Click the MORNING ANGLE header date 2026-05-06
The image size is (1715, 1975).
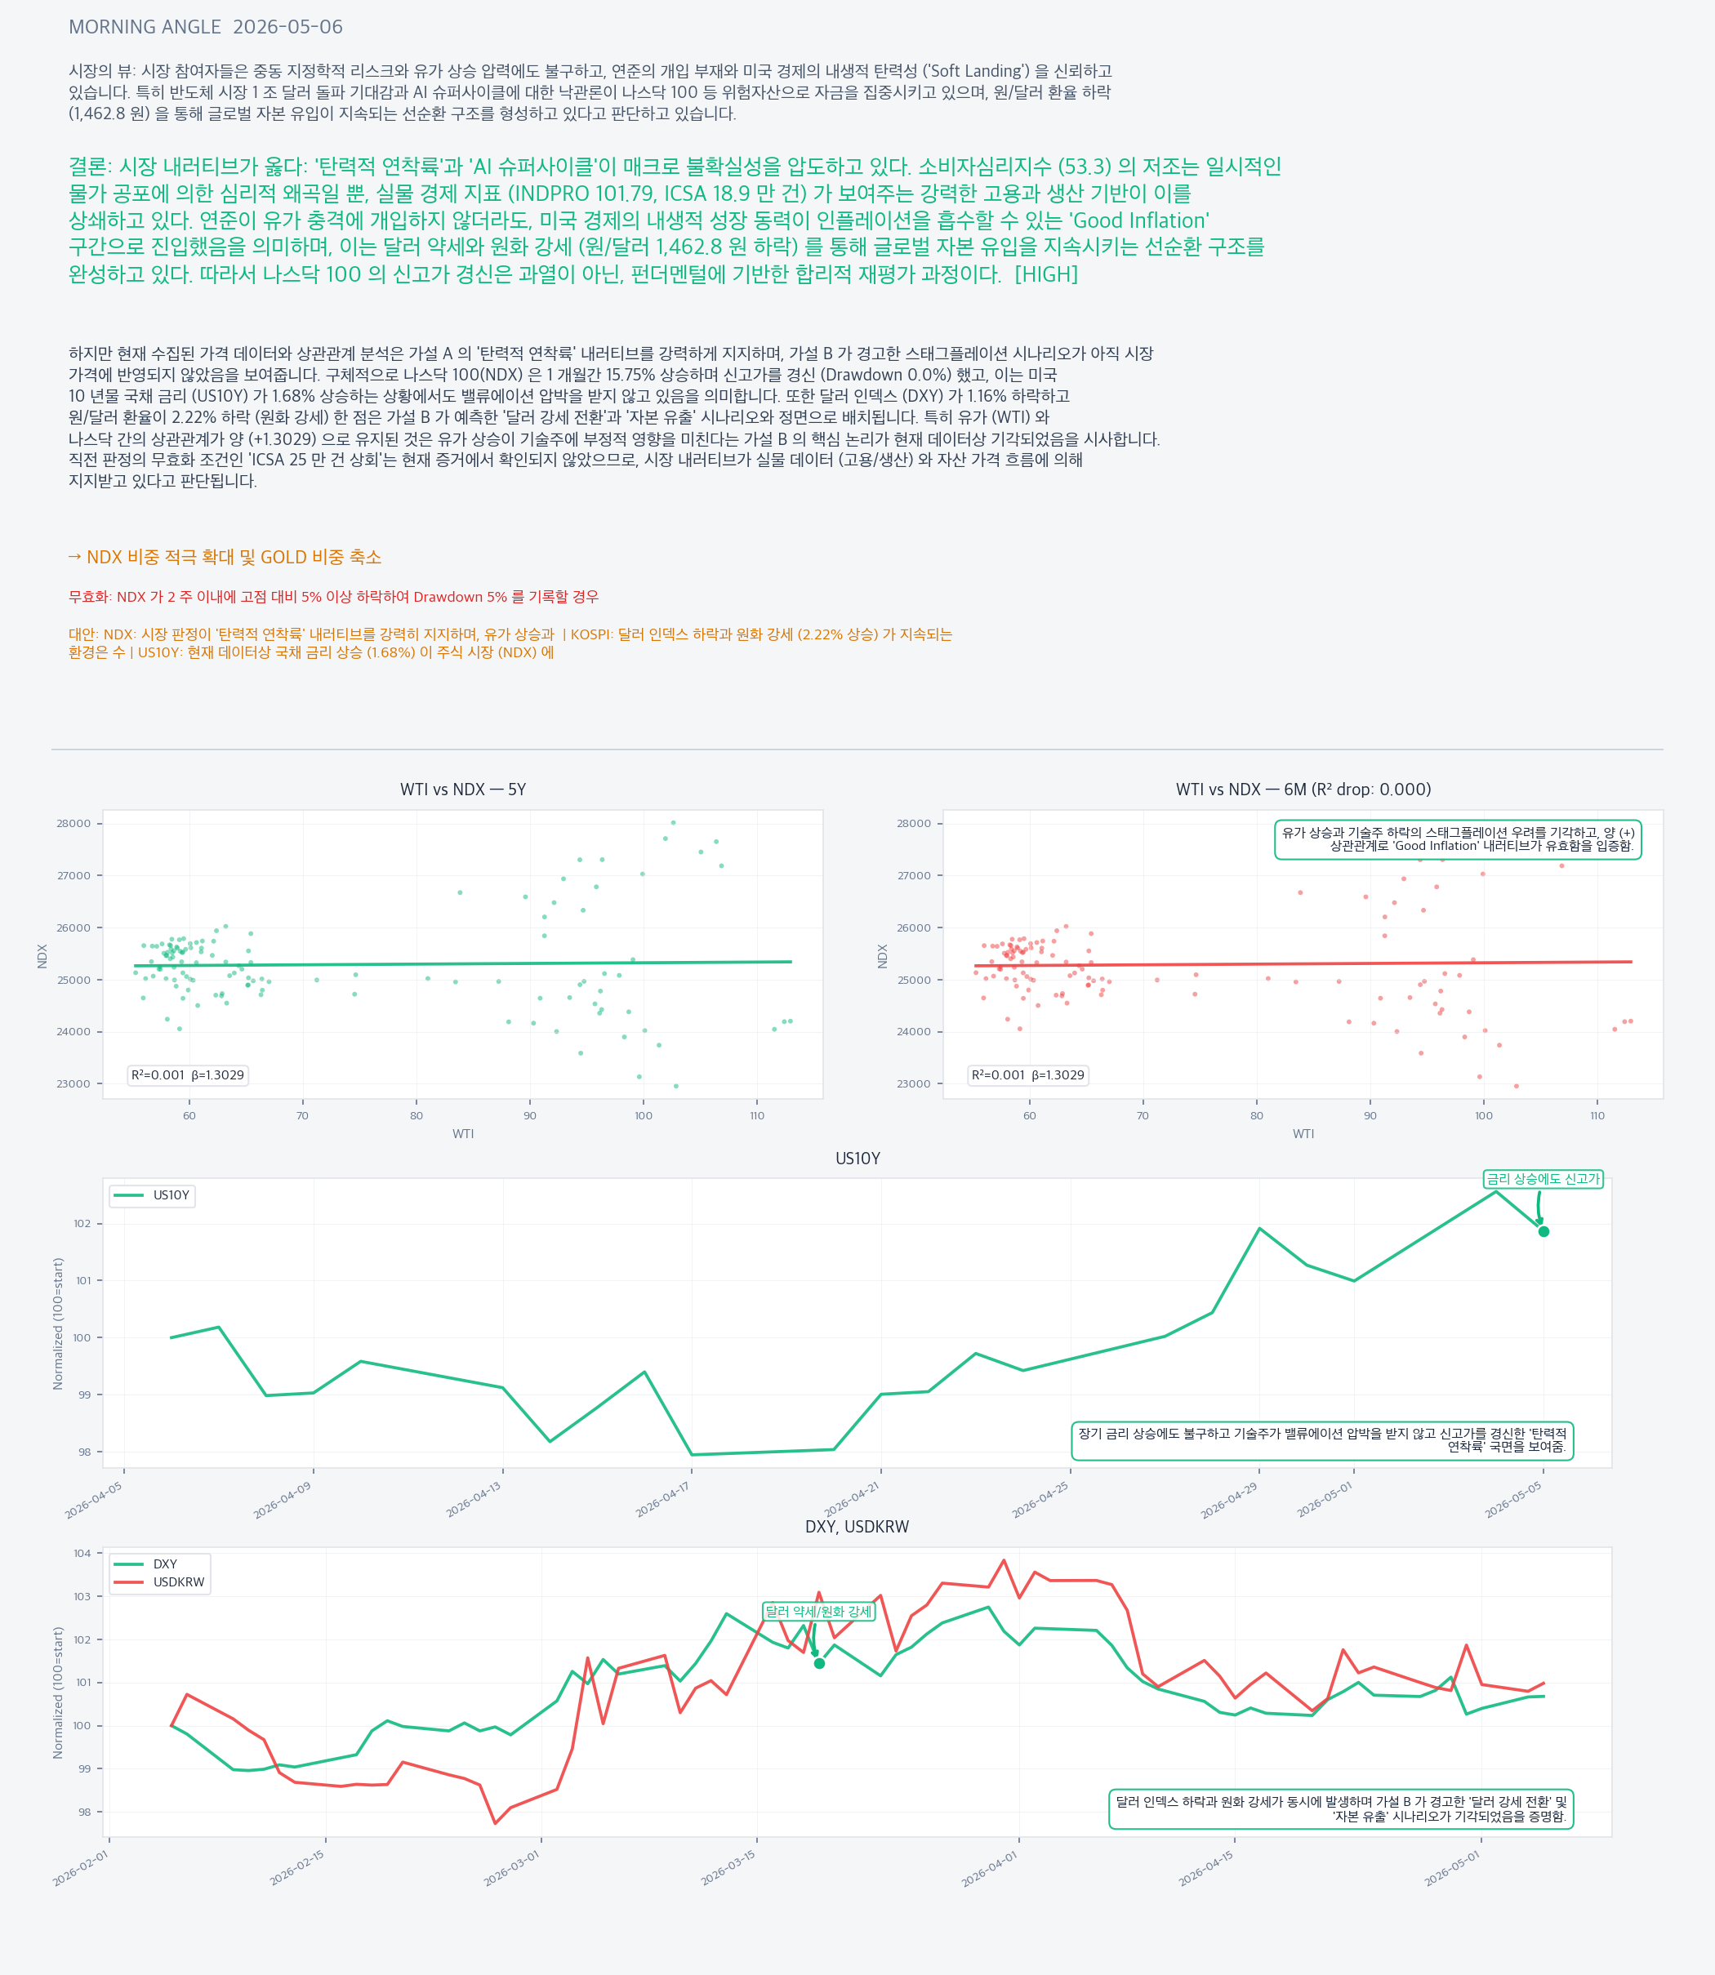coord(287,27)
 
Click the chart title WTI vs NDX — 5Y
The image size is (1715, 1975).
coord(463,790)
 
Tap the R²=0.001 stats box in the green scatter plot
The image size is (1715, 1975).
coord(188,1074)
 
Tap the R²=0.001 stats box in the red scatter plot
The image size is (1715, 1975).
coord(1028,1074)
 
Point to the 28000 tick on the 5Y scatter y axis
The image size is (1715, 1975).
coord(73,824)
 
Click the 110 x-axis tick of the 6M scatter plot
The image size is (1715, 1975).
coord(1597,1116)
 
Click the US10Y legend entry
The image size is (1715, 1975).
coord(154,1195)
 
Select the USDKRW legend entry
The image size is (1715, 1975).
coord(160,1581)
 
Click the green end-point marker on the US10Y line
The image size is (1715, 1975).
coord(1543,1231)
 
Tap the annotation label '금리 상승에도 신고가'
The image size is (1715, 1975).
coord(1543,1179)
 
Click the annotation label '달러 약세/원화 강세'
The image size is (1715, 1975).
coord(818,1612)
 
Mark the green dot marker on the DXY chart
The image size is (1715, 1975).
coord(819,1664)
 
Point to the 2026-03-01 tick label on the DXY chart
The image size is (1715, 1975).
coord(511,1868)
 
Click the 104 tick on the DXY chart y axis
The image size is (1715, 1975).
coord(83,1553)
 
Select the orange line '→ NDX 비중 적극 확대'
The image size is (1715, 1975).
coord(225,557)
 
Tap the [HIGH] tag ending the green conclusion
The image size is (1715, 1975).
coord(1046,274)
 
